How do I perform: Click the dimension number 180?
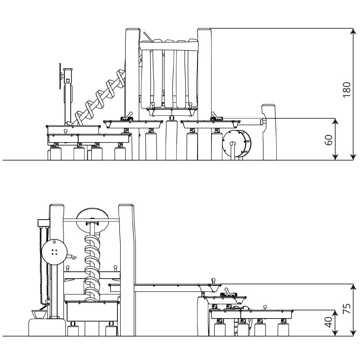coord(346,90)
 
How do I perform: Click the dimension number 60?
coord(328,140)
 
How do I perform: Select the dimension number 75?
coord(346,308)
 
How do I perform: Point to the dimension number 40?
coord(328,322)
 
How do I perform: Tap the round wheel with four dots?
coord(54,252)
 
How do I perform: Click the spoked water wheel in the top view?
coord(237,144)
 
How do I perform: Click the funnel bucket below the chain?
coord(39,314)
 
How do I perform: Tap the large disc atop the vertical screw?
coord(93,220)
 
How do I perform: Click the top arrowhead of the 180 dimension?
coord(353,31)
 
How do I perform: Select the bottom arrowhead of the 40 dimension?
coord(335,333)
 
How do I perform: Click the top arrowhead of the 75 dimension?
coord(353,287)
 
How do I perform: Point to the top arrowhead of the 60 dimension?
coord(335,121)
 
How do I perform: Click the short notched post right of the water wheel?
coord(269,132)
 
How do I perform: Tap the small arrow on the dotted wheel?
coord(54,241)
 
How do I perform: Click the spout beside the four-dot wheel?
coord(72,256)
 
